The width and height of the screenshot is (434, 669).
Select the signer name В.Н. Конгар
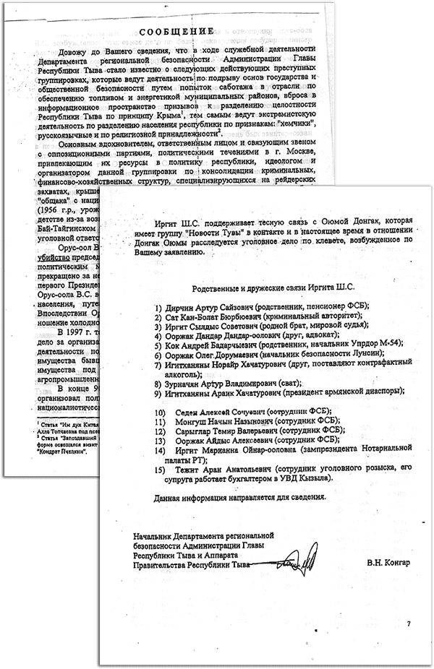[383, 562]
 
